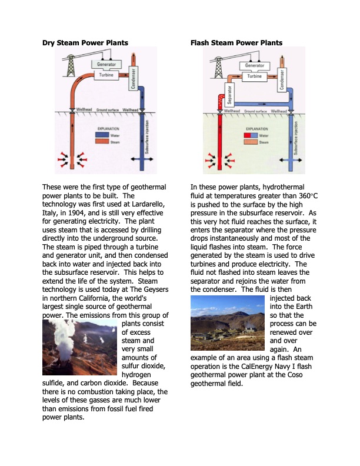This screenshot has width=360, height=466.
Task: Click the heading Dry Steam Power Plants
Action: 85,42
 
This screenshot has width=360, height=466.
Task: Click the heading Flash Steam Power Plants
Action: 236,42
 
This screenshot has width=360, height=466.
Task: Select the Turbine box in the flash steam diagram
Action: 254,76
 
